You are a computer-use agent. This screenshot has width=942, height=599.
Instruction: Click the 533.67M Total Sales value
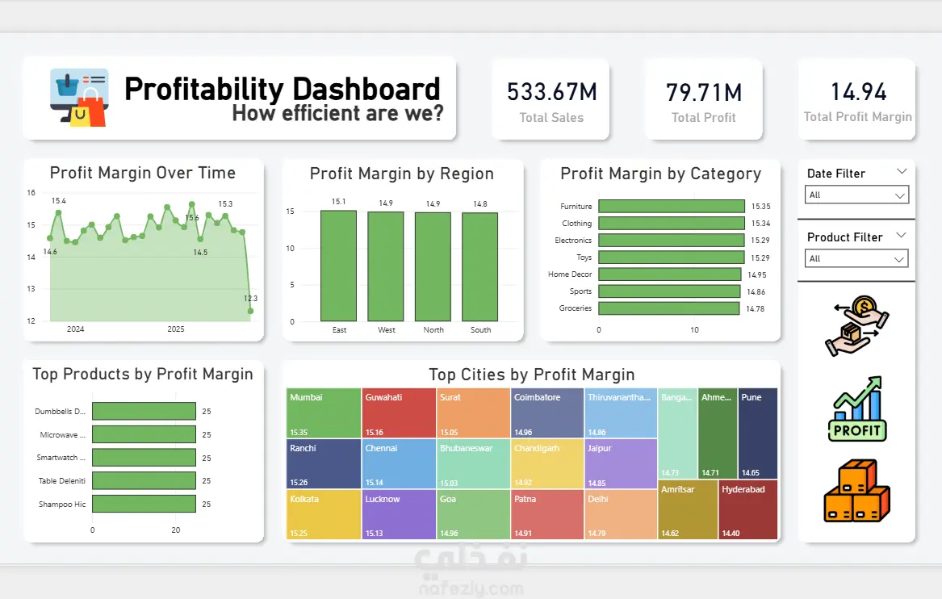tap(551, 92)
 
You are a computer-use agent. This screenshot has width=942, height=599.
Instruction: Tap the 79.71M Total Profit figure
tap(703, 93)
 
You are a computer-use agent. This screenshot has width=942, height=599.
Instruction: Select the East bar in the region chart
tap(338, 266)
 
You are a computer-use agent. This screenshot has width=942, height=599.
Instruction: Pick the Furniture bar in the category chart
tap(672, 207)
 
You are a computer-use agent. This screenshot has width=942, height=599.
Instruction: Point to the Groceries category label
tap(576, 308)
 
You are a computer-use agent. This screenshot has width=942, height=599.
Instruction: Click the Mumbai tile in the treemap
tap(324, 413)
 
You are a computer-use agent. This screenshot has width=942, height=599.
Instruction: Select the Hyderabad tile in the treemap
tap(747, 509)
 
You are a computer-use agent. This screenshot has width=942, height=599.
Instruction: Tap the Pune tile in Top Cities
tap(758, 433)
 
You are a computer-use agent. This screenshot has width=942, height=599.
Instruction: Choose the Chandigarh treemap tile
tap(546, 463)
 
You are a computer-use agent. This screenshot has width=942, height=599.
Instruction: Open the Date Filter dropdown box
tap(856, 195)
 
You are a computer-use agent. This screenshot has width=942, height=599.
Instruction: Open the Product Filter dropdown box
tap(856, 259)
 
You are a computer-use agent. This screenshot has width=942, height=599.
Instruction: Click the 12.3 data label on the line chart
tap(250, 299)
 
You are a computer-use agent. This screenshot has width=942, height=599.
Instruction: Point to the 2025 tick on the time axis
tap(176, 329)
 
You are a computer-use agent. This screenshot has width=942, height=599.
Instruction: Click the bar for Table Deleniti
tap(144, 481)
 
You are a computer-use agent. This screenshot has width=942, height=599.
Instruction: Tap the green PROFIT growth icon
tap(857, 408)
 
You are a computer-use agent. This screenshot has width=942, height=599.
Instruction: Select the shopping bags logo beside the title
tap(79, 98)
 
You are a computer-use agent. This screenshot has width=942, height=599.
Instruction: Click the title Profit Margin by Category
tap(660, 174)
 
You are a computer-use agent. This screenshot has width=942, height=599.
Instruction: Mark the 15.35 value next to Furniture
tap(760, 207)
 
